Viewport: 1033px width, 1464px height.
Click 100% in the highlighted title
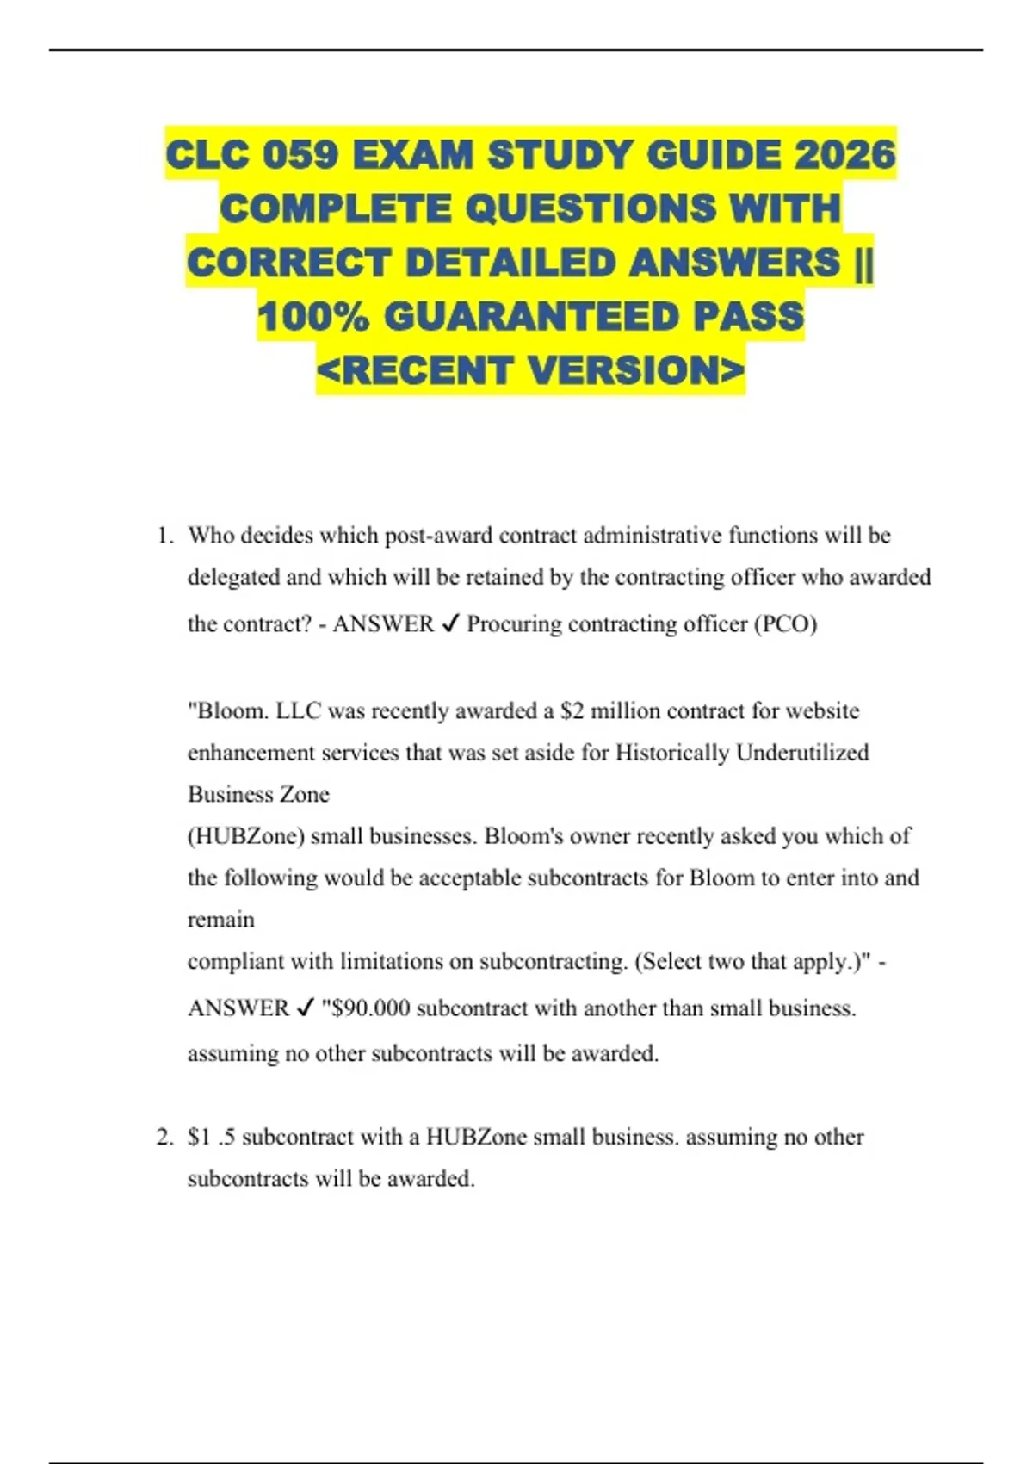click(313, 316)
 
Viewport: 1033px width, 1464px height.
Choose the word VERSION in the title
click(635, 370)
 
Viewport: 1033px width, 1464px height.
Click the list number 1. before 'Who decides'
click(165, 536)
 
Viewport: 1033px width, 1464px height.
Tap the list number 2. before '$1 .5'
click(165, 1138)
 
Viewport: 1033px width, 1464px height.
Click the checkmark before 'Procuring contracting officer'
click(450, 624)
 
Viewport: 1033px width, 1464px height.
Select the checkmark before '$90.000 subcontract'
click(305, 1008)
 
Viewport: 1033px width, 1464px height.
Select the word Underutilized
click(802, 753)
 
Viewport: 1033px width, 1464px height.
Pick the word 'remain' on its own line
click(220, 920)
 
